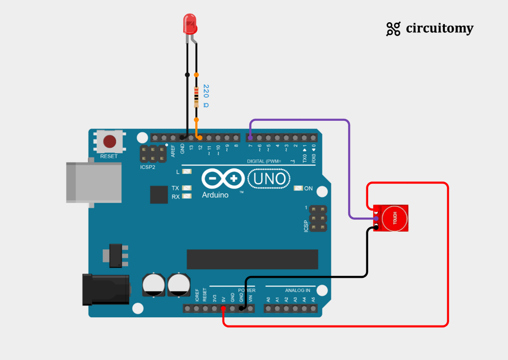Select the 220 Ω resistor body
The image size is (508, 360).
(x=196, y=97)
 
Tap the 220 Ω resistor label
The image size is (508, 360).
(x=206, y=96)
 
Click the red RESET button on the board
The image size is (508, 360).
(x=109, y=141)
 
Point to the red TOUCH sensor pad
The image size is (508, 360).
(x=394, y=218)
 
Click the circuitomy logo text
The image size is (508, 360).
(x=439, y=29)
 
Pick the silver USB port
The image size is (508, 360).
(x=93, y=182)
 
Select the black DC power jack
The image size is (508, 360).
(x=105, y=290)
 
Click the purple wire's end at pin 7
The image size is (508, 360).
(x=250, y=137)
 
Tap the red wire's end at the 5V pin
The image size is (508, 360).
(x=223, y=309)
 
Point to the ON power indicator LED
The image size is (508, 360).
(x=298, y=188)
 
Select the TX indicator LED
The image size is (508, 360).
(x=186, y=188)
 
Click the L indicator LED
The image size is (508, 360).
(x=186, y=172)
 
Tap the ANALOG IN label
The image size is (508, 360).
(x=297, y=290)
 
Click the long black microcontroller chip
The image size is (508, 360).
(x=252, y=259)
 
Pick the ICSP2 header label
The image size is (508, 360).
(x=148, y=167)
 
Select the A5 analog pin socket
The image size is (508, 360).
(x=313, y=309)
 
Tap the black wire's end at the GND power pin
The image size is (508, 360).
(x=242, y=309)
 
